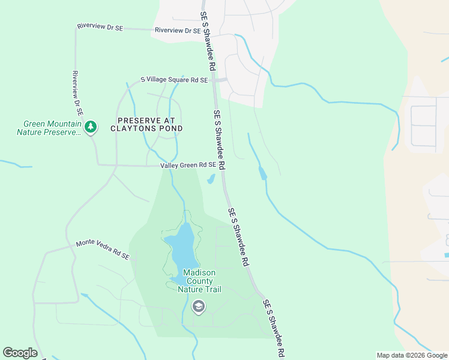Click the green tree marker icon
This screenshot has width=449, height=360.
(91, 127)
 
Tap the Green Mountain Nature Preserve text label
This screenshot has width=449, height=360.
(49, 128)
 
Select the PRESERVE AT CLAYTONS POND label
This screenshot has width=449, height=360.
(146, 124)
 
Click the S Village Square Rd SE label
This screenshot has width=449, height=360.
(174, 80)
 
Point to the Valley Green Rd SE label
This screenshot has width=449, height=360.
(188, 165)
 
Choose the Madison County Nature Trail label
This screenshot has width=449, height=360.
(199, 281)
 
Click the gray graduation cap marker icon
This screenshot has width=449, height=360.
(198, 307)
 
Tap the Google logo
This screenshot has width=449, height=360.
(20, 352)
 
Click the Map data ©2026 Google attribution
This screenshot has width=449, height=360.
(412, 355)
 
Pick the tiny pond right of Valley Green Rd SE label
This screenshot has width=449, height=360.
(211, 179)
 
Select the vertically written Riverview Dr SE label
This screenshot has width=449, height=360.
(77, 93)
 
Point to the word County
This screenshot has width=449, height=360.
(199, 281)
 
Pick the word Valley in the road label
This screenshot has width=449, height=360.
(170, 165)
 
